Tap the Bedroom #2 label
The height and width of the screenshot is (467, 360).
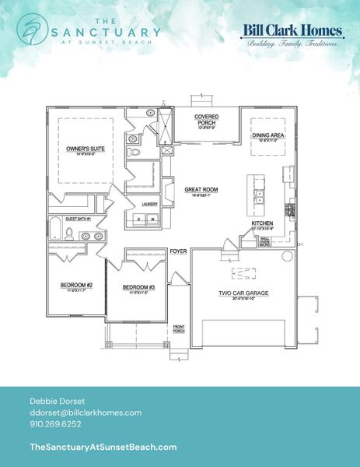[x=76, y=286]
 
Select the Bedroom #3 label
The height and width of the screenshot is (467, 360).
[x=138, y=288]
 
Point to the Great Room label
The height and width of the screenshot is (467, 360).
[x=199, y=189]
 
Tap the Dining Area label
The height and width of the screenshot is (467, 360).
[x=267, y=135]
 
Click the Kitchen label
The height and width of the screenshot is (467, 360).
[x=261, y=223]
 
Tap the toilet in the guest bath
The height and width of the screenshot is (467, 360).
[x=69, y=232]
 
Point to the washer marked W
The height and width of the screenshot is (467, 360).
[x=152, y=219]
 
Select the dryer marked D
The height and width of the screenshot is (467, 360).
[x=139, y=219]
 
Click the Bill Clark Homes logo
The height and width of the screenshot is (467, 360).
[x=292, y=35]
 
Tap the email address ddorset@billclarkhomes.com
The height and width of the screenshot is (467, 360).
[x=85, y=412]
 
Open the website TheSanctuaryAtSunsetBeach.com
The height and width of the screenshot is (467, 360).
[x=102, y=447]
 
